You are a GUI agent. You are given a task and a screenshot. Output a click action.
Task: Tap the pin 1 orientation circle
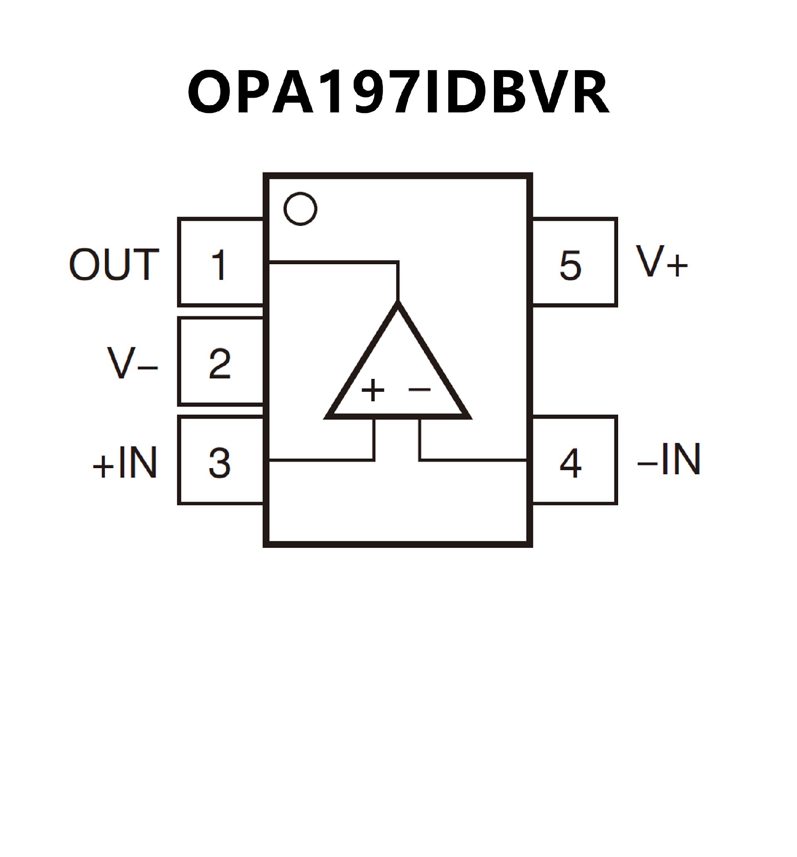pos(300,209)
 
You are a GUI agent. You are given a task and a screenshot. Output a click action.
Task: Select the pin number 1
pos(219,264)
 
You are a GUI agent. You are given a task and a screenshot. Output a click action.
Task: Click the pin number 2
pos(219,363)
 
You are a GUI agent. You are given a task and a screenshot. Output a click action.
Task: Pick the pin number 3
pos(219,462)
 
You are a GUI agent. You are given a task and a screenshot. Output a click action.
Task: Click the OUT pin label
pos(114,264)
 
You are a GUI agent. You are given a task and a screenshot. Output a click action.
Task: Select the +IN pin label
pos(125,462)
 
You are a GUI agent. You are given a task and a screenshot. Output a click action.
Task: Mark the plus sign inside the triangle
pos(373,390)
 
